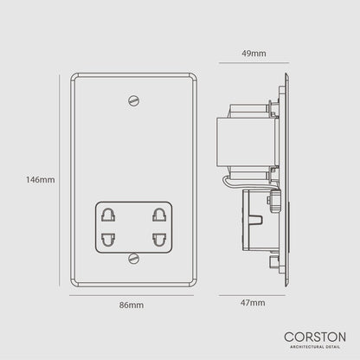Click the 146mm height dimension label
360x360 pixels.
point(42,180)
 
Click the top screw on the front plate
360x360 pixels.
point(132,101)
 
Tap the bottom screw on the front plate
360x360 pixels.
point(132,257)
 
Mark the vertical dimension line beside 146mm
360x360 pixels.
point(70,180)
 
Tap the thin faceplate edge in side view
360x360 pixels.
point(285,180)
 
